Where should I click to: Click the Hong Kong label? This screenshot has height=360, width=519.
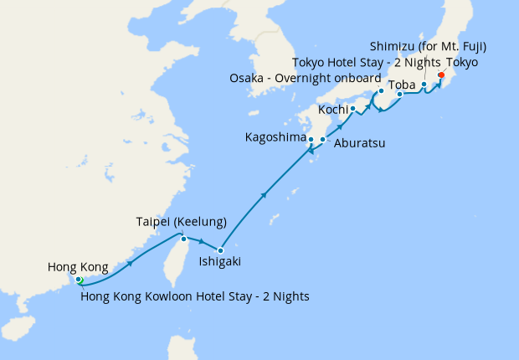[x=78, y=268]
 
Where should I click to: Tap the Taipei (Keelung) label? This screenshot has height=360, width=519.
[x=182, y=222]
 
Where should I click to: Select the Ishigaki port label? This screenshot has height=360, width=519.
[x=219, y=262]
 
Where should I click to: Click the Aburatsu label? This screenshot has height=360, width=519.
[x=359, y=144]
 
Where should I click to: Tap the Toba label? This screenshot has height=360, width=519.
[x=403, y=84]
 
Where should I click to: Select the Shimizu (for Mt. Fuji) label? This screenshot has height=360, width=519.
[x=428, y=46]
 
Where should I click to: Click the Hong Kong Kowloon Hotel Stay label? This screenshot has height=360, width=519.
[x=195, y=296]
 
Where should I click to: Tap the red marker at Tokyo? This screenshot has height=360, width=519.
[x=440, y=75]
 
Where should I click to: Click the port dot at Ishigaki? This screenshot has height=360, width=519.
[x=220, y=250]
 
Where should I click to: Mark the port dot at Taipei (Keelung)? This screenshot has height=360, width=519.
[x=184, y=238]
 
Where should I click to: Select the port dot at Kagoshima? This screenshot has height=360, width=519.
[x=311, y=140]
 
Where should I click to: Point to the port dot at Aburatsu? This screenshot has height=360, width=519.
[x=323, y=139]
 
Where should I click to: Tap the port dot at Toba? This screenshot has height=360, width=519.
[x=399, y=95]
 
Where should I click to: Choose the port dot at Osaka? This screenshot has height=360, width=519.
[x=381, y=90]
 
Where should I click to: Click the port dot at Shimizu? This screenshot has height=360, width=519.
[x=424, y=85]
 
